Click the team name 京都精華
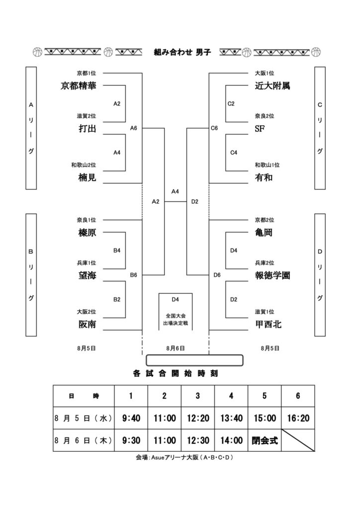tap(78, 85)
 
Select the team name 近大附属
tap(272, 85)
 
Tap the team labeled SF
tap(260, 129)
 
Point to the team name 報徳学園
tap(272, 275)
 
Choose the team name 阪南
tap(88, 324)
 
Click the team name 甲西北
tap(268, 324)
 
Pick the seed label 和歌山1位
tap(267, 165)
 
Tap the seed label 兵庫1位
tap(87, 263)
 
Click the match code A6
tap(133, 128)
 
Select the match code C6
tap(214, 128)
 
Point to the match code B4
tap(117, 251)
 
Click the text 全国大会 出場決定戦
tap(176, 320)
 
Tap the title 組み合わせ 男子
tap(182, 52)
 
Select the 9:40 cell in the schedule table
tap(131, 418)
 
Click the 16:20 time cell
tap(298, 418)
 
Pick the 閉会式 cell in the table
tap(265, 440)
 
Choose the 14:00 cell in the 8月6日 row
tap(231, 440)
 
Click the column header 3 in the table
tap(198, 396)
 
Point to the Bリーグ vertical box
tap(31, 275)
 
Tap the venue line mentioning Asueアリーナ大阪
tap(184, 458)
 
